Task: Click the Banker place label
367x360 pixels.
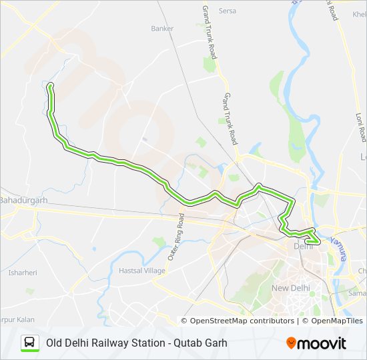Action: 162,29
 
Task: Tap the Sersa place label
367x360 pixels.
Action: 228,11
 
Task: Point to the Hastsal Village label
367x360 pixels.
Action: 141,271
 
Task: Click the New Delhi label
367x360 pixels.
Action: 290,288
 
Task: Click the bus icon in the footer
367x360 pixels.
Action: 30,343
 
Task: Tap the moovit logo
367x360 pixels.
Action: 316,343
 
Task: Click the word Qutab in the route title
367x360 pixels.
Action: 186,343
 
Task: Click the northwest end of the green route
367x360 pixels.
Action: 49,84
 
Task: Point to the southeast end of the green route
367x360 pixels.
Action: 318,242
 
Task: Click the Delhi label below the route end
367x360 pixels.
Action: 303,247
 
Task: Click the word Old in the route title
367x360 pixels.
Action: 54,343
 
